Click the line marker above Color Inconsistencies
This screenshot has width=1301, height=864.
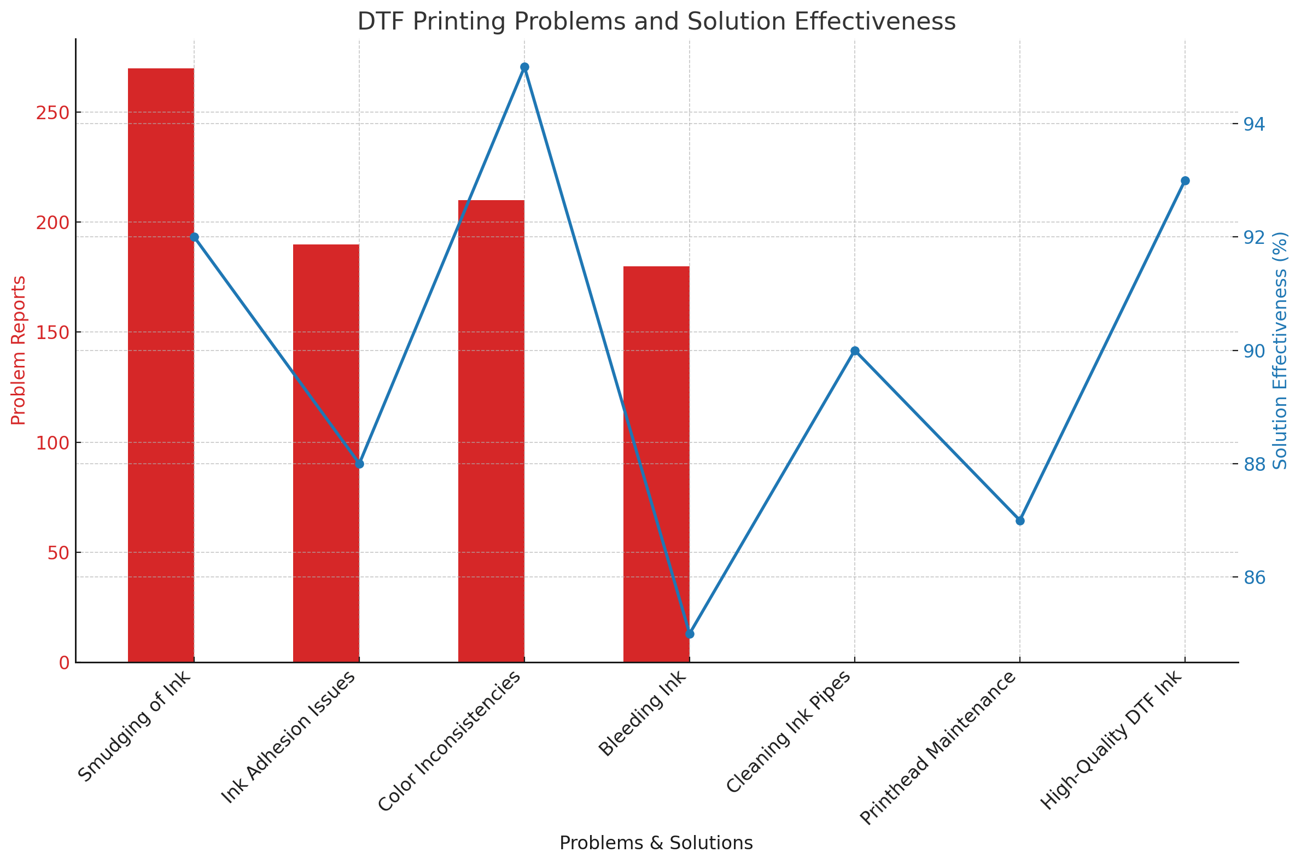click(x=524, y=67)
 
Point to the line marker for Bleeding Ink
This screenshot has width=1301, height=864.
click(x=690, y=634)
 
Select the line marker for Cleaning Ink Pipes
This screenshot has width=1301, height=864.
click(x=855, y=351)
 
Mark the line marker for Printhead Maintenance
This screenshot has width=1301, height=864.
click(x=1020, y=521)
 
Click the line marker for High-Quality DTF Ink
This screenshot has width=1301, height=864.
click(x=1185, y=181)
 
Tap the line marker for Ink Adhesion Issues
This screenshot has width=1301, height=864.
click(x=359, y=464)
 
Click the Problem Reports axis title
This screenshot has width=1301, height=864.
click(x=18, y=351)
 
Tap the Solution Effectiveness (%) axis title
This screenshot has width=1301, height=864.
click(x=1280, y=351)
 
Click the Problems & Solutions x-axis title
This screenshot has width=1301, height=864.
click(x=656, y=843)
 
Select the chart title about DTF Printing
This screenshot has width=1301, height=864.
click(x=656, y=22)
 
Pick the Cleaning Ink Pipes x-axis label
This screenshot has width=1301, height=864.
click(x=789, y=732)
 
